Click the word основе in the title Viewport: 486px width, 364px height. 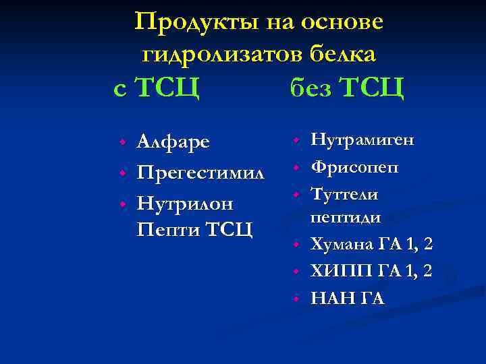pos(342,22)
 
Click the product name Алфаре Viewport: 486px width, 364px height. pos(173,142)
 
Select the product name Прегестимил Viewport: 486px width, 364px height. pos(200,173)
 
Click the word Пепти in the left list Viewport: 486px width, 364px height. pos(168,229)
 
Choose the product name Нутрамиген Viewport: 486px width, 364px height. pos(362,140)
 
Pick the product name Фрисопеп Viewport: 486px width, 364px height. pos(354,166)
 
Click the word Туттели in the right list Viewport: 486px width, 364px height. pos(344,194)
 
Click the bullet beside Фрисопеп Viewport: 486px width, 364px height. pos(295,167)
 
